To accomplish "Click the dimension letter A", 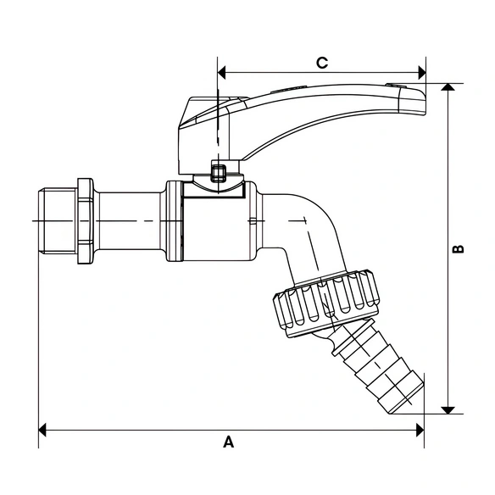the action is point(229,442).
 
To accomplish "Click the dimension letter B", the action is point(458,249).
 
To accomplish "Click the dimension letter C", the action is point(322,63).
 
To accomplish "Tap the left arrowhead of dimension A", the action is point(42,430).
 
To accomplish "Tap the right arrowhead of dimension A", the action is point(420,430).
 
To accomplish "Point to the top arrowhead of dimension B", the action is point(448,87).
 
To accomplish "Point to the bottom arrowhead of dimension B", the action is point(448,410).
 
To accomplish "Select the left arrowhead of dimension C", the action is point(221,73).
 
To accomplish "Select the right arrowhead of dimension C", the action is point(422,73).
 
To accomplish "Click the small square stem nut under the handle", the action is point(218,172).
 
